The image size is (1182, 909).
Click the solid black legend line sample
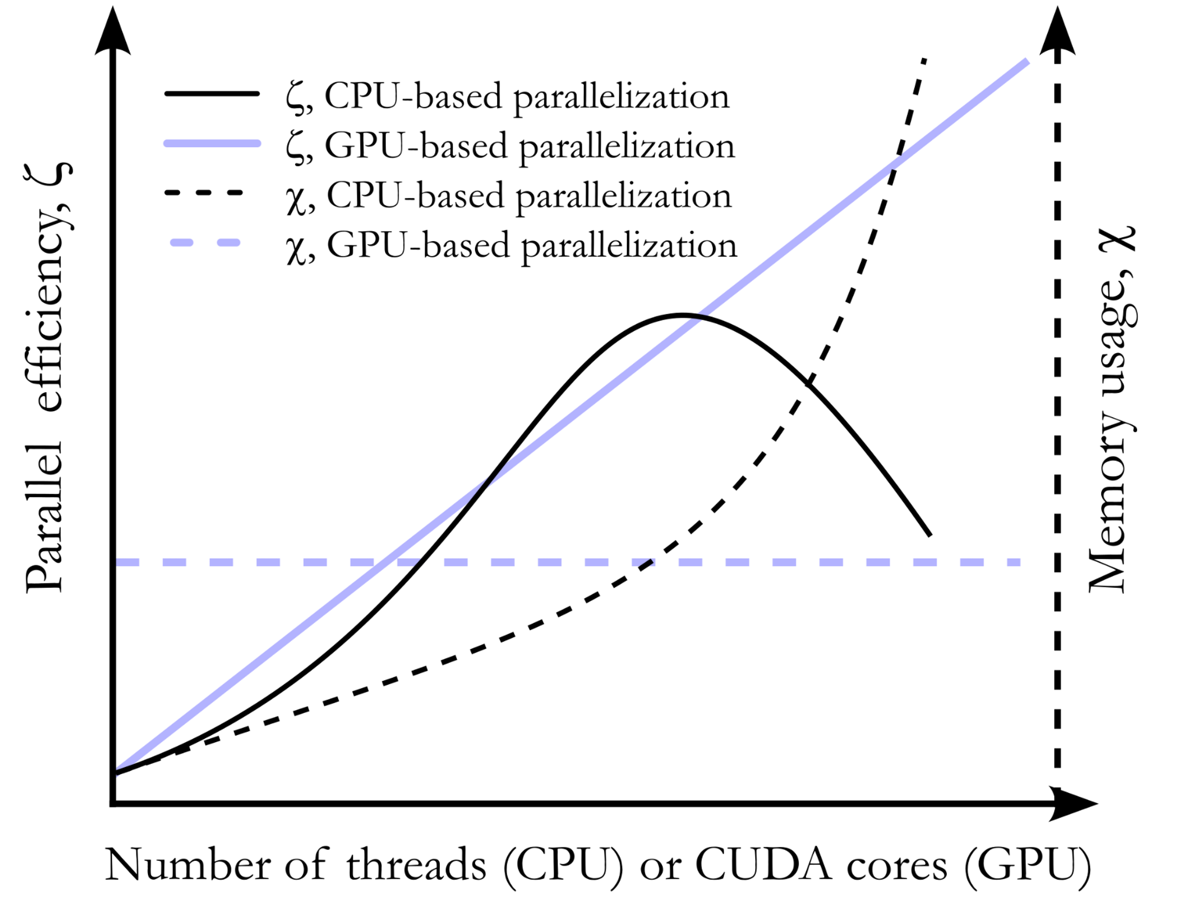point(212,94)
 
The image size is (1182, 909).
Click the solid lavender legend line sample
point(212,144)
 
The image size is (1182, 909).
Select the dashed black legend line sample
point(204,193)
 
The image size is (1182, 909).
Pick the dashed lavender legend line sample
point(205,243)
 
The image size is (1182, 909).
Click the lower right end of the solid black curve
point(930,535)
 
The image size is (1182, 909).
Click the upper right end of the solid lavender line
point(1027,61)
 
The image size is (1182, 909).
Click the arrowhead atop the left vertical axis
point(113,33)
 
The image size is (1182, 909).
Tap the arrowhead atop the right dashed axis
point(1057,33)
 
